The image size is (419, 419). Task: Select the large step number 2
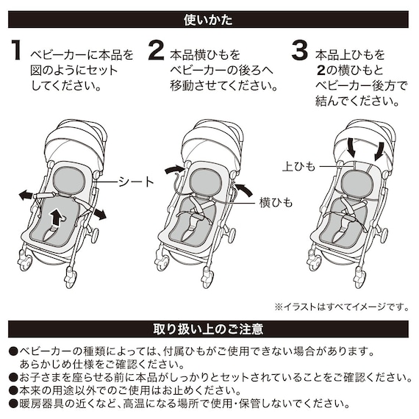coord(156,52)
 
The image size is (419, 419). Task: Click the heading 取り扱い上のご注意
coord(209,328)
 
